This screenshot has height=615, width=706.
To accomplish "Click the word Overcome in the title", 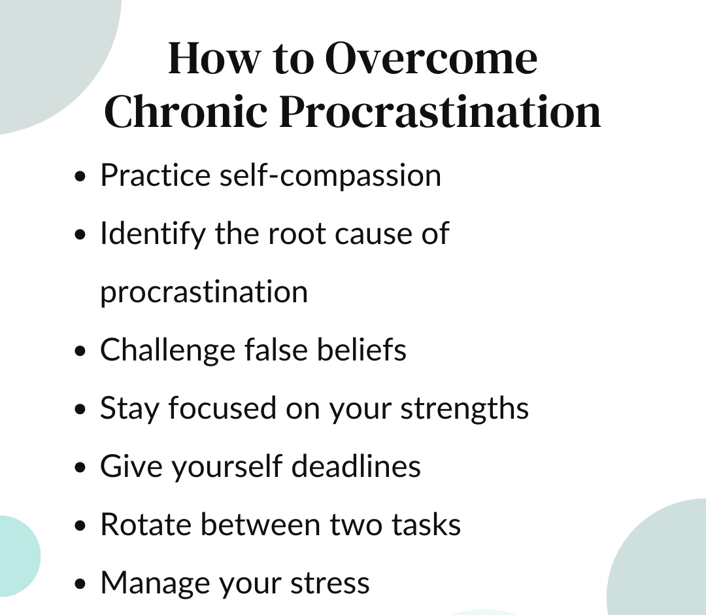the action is click(x=431, y=58).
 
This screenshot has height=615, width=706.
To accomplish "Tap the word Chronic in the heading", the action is click(x=186, y=111).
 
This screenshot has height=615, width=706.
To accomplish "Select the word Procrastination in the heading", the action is click(x=440, y=111).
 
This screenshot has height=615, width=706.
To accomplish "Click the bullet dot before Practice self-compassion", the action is click(x=80, y=176).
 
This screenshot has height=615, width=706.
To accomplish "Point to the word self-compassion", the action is click(x=330, y=175).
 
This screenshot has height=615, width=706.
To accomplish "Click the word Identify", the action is click(x=153, y=234).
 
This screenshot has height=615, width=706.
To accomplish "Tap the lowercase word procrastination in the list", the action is click(x=204, y=292).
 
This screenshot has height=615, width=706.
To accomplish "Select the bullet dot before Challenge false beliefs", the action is click(x=80, y=351).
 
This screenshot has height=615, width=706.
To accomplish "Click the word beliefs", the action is click(x=361, y=349).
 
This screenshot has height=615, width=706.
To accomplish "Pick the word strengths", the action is click(x=465, y=409).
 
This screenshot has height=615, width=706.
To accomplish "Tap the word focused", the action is click(x=222, y=408).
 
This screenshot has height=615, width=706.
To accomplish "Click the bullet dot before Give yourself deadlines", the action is click(x=80, y=467).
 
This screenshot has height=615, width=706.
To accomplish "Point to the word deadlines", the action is click(x=356, y=466).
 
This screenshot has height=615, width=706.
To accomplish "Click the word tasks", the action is click(x=426, y=525).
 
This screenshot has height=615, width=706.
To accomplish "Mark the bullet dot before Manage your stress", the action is click(x=80, y=584).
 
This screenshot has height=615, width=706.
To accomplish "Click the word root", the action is click(x=297, y=234).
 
